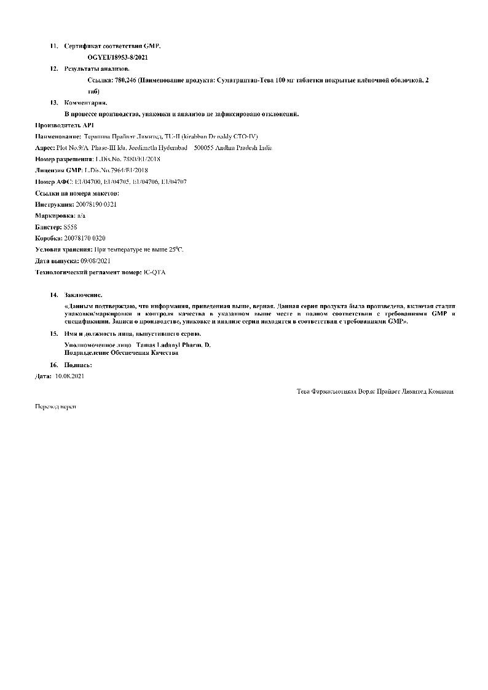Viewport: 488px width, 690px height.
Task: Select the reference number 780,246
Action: point(125,80)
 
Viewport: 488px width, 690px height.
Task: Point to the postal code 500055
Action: point(203,148)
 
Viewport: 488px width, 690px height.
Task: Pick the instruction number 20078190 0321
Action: point(95,204)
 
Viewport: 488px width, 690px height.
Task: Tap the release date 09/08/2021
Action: point(95,261)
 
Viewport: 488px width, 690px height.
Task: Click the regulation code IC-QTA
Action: point(154,272)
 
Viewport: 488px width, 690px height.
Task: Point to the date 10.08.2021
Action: point(69,376)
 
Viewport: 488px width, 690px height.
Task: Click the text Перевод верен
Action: point(55,406)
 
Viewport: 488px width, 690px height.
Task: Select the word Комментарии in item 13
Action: point(85,102)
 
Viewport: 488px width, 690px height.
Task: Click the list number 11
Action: point(53,46)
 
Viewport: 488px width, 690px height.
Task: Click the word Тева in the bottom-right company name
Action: point(304,391)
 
